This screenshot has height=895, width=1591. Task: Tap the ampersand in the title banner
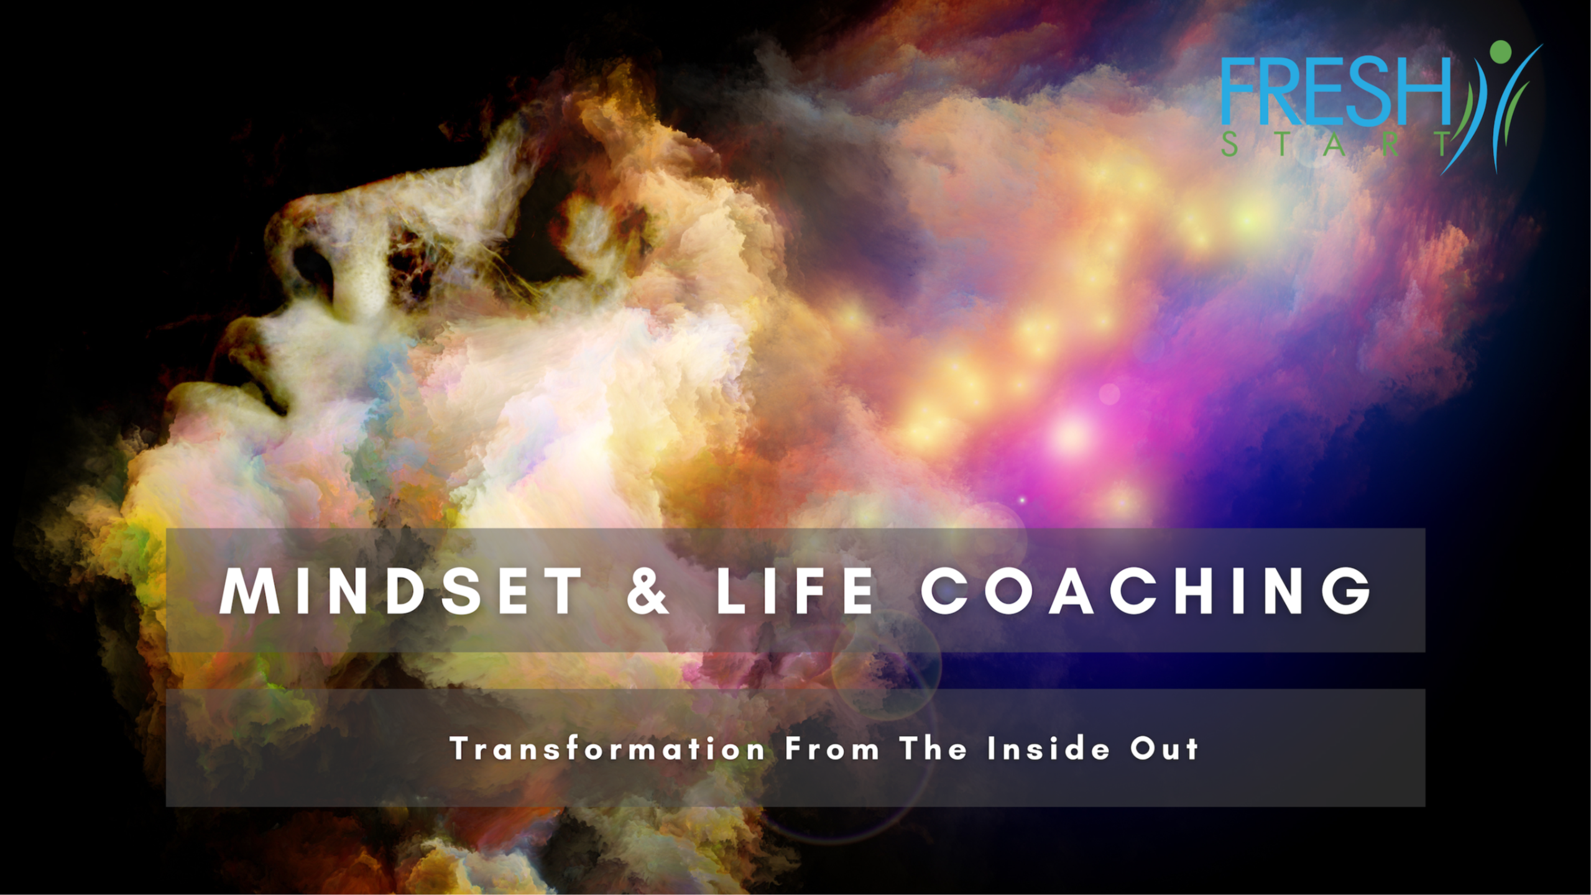648,591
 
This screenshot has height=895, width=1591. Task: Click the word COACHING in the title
1146,591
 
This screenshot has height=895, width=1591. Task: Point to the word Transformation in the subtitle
607,748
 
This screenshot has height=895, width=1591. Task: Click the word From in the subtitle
832,748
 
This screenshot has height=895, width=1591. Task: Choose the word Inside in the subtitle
1048,748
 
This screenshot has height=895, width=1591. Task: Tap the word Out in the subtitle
1164,748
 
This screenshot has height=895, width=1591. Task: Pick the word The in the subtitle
933,748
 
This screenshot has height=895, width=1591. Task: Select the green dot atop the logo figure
1500,52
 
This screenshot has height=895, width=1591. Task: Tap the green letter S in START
1229,144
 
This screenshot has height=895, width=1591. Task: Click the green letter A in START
1335,144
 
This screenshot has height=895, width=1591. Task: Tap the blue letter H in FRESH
1427,92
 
